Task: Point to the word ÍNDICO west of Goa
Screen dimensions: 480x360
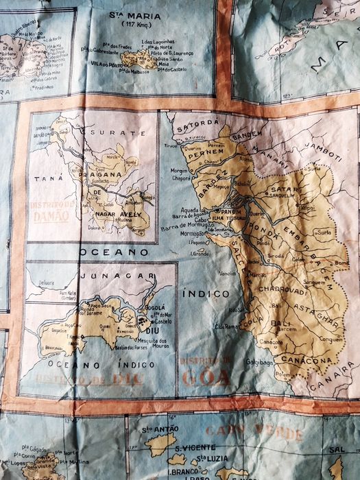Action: (204, 293)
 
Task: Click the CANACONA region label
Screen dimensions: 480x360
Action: (299, 361)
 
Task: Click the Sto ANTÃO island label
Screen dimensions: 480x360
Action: (160, 429)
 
